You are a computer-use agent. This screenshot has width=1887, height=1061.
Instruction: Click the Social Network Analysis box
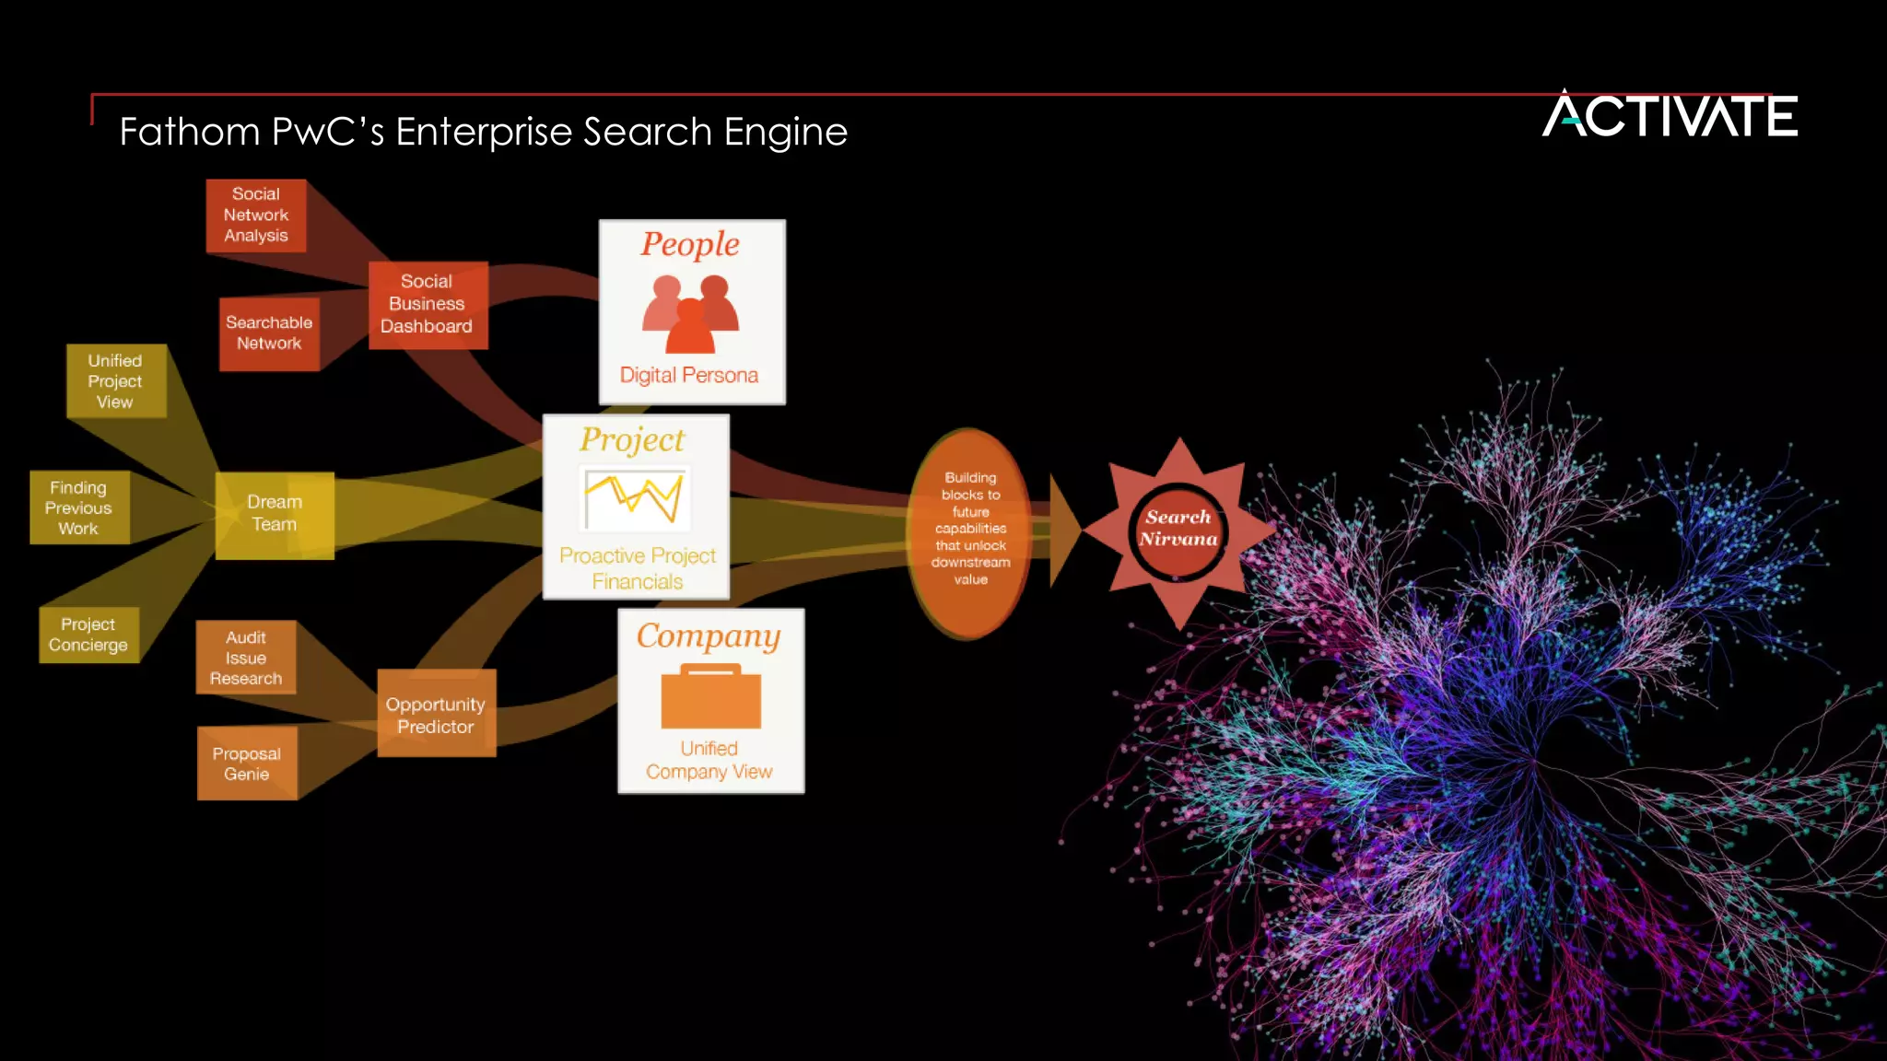click(256, 216)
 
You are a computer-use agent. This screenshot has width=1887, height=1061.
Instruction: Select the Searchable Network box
click(269, 333)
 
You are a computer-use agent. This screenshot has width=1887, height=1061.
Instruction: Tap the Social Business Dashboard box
click(428, 305)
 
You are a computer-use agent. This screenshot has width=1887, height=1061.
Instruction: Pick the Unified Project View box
click(116, 381)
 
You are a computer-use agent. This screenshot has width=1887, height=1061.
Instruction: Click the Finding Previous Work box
click(79, 507)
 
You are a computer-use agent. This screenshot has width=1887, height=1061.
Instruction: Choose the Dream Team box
click(275, 515)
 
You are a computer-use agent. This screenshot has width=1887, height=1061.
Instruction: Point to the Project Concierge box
click(89, 635)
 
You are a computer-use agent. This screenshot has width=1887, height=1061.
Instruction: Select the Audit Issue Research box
click(246, 658)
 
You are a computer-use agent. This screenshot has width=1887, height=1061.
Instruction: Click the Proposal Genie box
click(247, 764)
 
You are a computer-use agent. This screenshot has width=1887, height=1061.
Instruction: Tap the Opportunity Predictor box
click(436, 715)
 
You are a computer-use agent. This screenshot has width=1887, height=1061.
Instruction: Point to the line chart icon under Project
click(636, 498)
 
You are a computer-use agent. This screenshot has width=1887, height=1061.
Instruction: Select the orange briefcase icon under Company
click(710, 696)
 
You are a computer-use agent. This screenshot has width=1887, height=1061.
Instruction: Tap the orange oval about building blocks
click(969, 532)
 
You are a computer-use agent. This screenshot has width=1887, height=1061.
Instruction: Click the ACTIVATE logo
click(1670, 115)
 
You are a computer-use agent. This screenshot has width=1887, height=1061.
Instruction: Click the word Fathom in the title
click(189, 132)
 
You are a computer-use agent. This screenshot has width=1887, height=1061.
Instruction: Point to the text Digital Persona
click(689, 376)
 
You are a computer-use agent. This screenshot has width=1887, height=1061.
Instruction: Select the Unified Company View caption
click(709, 761)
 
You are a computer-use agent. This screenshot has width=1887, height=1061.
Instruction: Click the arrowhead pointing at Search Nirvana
click(1063, 531)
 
